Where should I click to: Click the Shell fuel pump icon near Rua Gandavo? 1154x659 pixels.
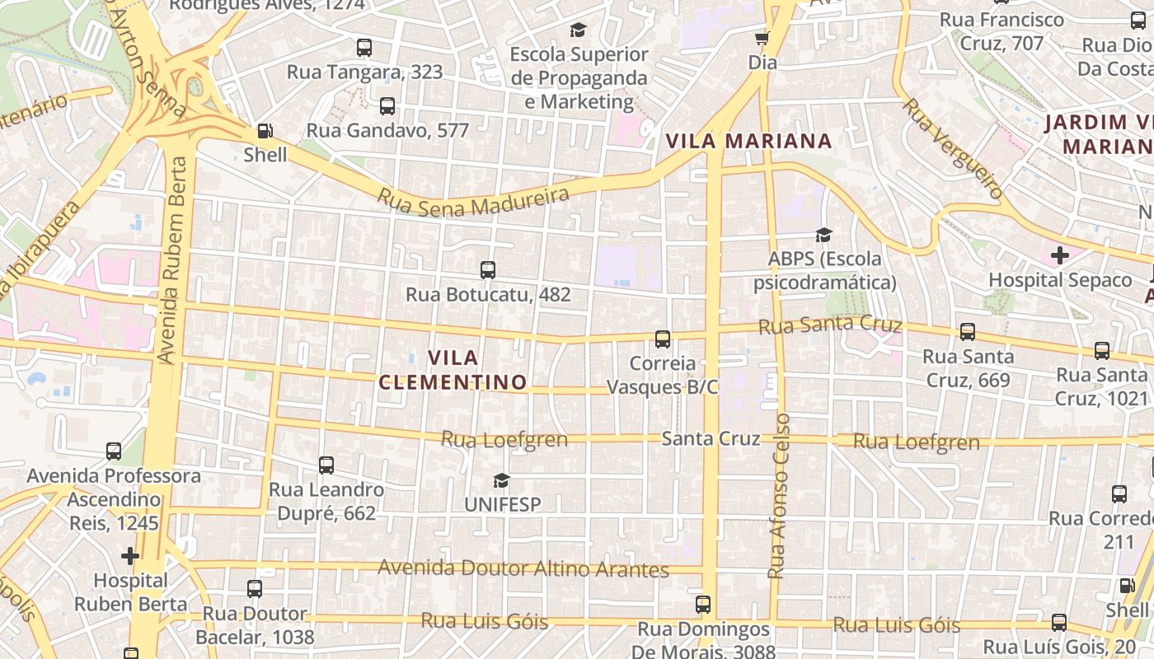coord(265,130)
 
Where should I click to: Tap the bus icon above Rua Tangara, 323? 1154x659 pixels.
coord(364,47)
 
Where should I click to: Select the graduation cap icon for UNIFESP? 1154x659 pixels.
coord(501,479)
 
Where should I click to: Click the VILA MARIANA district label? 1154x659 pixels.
coord(748,141)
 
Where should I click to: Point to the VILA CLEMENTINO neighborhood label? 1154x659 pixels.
coord(453,370)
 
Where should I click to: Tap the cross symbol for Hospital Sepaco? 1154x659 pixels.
coord(1060,255)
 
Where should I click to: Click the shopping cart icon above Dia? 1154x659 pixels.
coord(762,38)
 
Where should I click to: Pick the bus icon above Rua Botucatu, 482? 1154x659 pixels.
coord(488,269)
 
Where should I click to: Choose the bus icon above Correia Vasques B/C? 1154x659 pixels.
coord(663,339)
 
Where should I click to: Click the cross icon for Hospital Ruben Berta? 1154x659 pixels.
coord(130,556)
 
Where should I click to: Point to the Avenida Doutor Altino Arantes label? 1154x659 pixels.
coord(523,568)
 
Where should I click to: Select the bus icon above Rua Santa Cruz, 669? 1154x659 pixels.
coord(968,332)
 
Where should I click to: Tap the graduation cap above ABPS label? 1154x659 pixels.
coord(823,235)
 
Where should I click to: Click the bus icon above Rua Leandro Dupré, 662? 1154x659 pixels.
coord(326,465)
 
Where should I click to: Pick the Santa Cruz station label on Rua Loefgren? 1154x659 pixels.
coord(711,438)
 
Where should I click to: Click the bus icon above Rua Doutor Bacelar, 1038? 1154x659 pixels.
coord(255,589)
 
